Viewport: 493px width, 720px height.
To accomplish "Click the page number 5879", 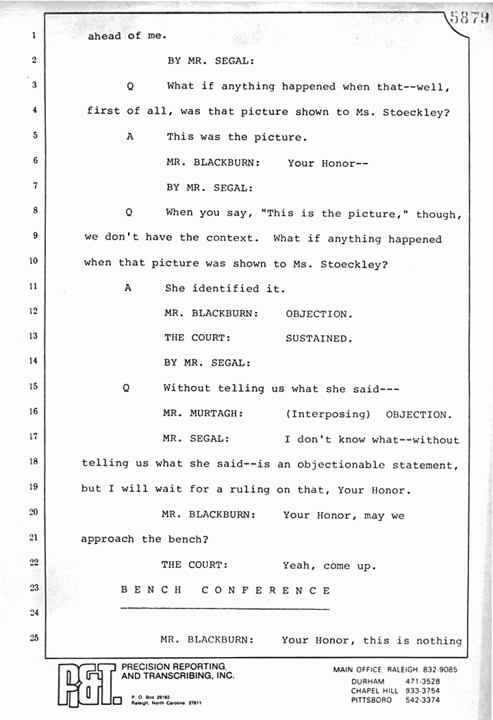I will pos(469,18).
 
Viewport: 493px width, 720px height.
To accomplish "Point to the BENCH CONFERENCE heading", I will pos(226,590).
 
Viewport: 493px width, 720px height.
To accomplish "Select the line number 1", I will pos(33,36).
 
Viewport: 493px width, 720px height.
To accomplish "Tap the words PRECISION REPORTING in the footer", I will pos(174,667).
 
